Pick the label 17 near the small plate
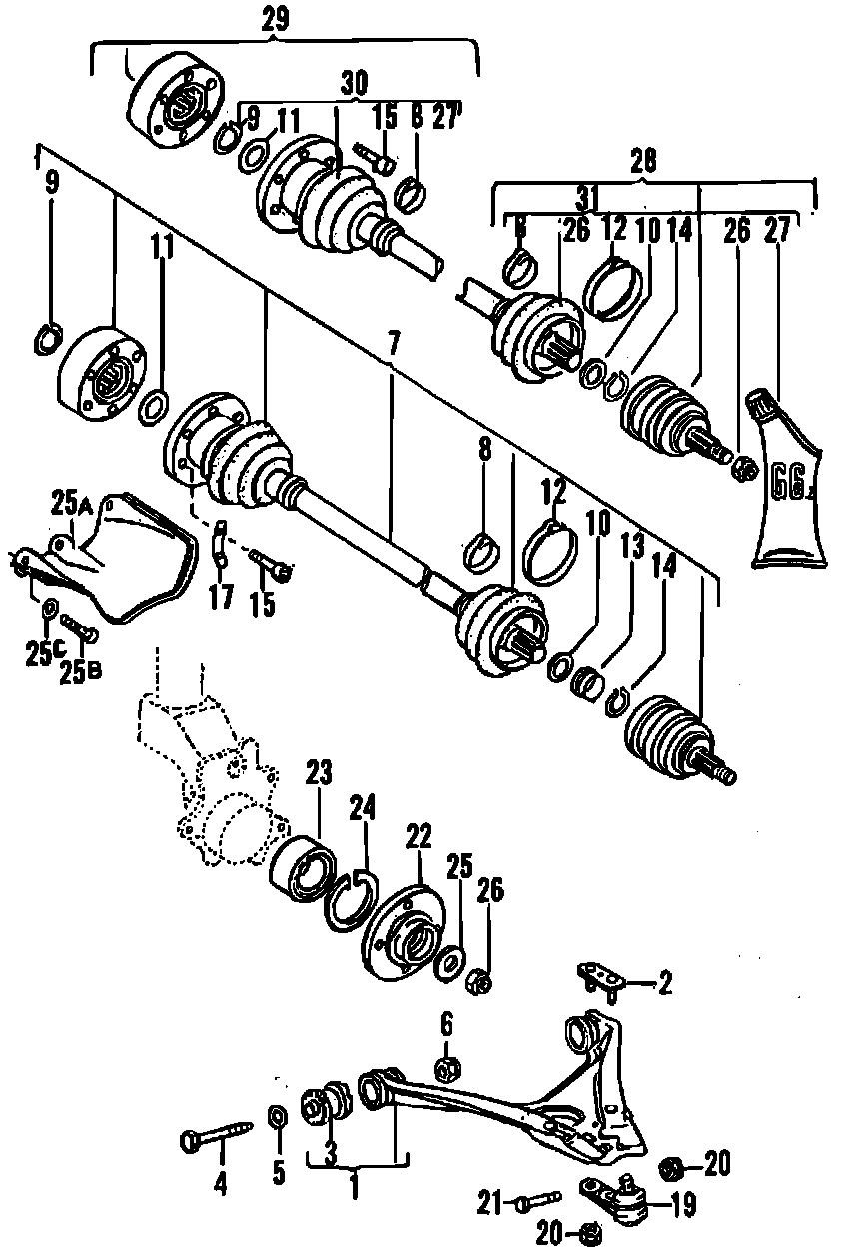coord(220,597)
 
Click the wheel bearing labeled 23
coord(303,863)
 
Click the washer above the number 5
coord(278,1116)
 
